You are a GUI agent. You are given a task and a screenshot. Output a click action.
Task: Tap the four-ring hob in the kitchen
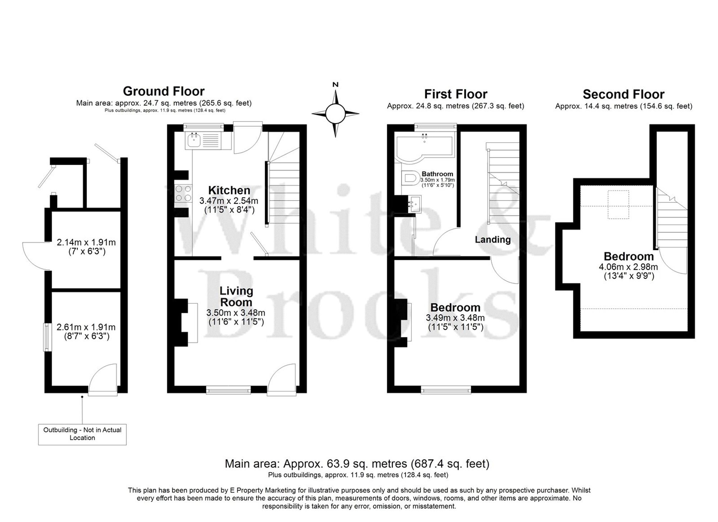coord(183,194)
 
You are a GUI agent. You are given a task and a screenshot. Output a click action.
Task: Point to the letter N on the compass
coord(335,85)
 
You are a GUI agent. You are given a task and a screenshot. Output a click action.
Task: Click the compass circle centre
coord(335,113)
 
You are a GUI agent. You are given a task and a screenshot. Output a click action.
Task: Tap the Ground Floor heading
coord(164,91)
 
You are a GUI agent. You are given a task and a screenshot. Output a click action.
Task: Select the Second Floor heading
coord(624,94)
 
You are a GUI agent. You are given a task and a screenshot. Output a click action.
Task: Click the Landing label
coord(493,239)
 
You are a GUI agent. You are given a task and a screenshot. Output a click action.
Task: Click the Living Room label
coord(236,297)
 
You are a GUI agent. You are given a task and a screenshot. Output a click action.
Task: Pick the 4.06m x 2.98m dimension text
coord(628,267)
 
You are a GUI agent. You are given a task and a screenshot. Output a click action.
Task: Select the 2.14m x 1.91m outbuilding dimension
coord(86,242)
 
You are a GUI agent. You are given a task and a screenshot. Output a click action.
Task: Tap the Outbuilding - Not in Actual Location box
coord(82,434)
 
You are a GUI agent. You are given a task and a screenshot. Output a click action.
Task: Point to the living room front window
coord(228,390)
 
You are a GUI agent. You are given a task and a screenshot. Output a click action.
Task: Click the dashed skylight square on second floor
coord(618,205)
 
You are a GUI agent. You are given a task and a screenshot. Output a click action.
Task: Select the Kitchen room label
coord(229,190)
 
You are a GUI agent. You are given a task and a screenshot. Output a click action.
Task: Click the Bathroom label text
coord(437,174)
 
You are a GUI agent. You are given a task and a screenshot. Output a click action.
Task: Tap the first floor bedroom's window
coord(446,390)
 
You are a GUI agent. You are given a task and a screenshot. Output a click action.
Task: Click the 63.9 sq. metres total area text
coord(357,463)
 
